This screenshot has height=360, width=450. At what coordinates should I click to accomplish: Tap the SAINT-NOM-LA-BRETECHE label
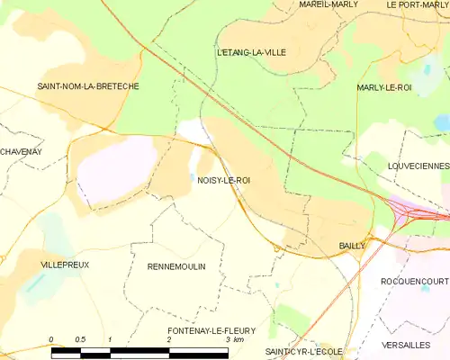click(79, 86)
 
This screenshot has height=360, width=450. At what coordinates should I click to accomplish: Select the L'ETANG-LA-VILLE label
click(251, 52)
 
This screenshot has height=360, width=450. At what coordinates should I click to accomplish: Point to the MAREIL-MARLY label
click(328, 4)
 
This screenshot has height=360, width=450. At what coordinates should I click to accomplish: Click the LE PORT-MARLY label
click(417, 4)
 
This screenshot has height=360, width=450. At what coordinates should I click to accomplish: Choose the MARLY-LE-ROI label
click(384, 87)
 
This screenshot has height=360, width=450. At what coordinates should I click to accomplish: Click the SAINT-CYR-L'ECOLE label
click(304, 350)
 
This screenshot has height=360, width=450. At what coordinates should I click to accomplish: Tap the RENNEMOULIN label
click(175, 267)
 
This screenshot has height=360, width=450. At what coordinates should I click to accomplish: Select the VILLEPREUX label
click(64, 266)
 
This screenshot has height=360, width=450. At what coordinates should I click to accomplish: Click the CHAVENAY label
click(22, 151)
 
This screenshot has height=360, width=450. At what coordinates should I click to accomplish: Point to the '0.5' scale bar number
click(80, 339)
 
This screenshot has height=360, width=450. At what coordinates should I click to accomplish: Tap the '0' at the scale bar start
click(51, 339)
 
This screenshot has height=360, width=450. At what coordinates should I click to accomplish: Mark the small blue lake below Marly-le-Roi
click(440, 121)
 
